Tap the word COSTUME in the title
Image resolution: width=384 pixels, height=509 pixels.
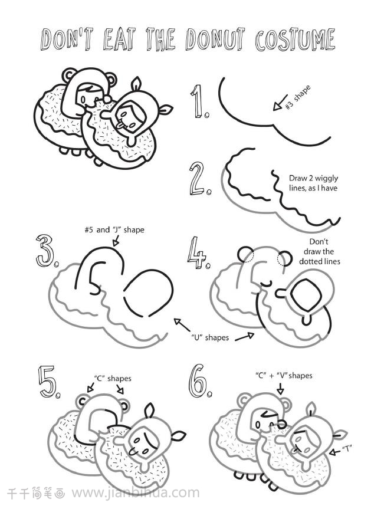(295, 40)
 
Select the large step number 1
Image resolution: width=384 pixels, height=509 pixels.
(199, 101)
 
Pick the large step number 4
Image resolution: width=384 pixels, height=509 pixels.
(197, 252)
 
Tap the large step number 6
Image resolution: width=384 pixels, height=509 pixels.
(198, 381)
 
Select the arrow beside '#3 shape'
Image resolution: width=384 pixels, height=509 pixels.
(280, 102)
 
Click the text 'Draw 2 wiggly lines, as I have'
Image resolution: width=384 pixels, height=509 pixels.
(313, 183)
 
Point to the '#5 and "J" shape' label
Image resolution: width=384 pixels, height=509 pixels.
(114, 230)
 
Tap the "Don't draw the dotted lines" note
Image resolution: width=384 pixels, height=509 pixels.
(319, 252)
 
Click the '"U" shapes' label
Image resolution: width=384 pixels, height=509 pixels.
(209, 337)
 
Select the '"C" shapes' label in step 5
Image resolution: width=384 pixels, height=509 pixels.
(113, 379)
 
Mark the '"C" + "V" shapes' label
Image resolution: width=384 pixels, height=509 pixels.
(284, 376)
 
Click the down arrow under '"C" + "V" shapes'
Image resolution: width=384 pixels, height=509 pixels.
(280, 388)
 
